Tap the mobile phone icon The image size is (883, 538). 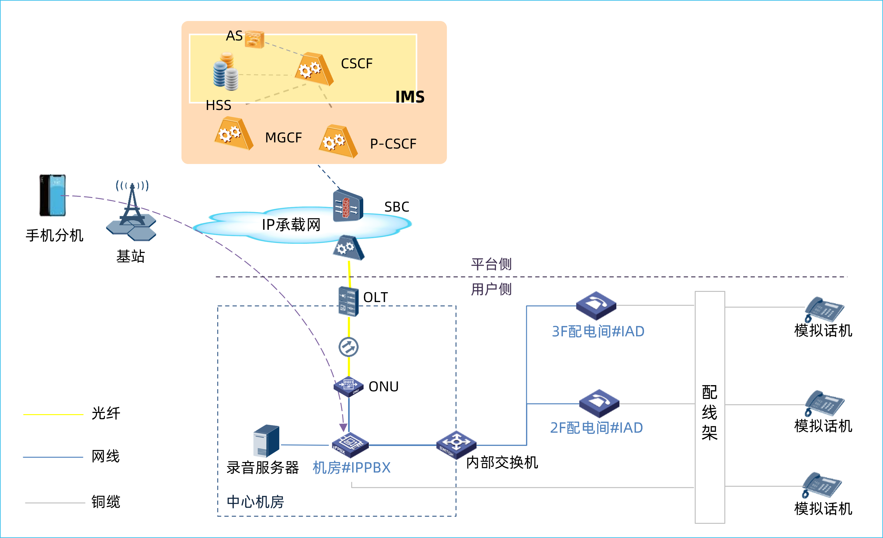click(53, 195)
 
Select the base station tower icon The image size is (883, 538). click(131, 212)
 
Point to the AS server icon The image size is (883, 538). click(254, 39)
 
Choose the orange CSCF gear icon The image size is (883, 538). click(314, 69)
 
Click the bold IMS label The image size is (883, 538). click(410, 97)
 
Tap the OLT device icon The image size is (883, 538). click(348, 301)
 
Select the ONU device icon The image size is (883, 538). click(348, 386)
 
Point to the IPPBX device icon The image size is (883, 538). click(350, 445)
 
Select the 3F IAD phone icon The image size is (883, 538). click(596, 305)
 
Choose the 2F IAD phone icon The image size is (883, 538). click(599, 403)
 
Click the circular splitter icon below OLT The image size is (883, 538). click(348, 347)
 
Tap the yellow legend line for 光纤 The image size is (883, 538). click(53, 415)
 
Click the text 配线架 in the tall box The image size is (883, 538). click(709, 413)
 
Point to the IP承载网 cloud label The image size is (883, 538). click(291, 225)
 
